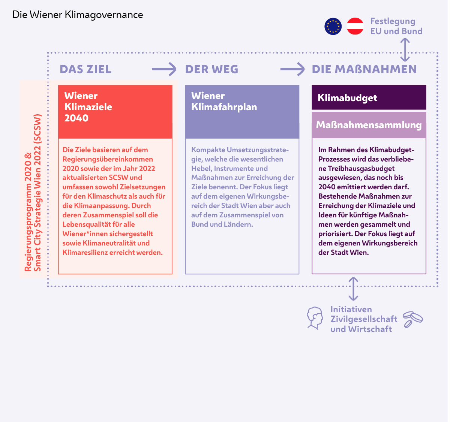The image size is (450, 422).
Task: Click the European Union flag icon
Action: pyautogui.click(x=333, y=27)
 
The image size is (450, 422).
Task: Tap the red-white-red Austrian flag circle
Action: pyautogui.click(x=355, y=27)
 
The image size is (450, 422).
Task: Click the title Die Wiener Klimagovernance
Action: pyautogui.click(x=78, y=15)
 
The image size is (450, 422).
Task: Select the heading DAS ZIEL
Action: pyautogui.click(x=85, y=69)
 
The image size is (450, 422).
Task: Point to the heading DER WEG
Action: pyautogui.click(x=211, y=69)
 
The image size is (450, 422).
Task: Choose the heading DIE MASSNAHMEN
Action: pyautogui.click(x=364, y=69)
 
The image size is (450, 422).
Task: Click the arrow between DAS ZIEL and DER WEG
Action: pyautogui.click(x=164, y=69)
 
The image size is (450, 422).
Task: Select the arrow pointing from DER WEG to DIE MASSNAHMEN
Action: pyautogui.click(x=292, y=69)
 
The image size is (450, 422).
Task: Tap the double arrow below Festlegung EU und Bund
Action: pyautogui.click(x=405, y=50)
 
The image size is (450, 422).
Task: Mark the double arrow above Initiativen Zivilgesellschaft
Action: pyautogui.click(x=353, y=289)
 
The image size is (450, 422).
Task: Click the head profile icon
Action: pyautogui.click(x=315, y=318)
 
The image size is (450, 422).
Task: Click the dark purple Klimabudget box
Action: pyautogui.click(x=369, y=98)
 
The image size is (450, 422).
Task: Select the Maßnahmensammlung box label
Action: pyautogui.click(x=369, y=125)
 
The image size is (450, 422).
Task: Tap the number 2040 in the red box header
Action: pyautogui.click(x=76, y=118)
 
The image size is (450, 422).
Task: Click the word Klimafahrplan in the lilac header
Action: pyautogui.click(x=224, y=107)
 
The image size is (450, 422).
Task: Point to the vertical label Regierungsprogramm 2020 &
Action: pyautogui.click(x=28, y=212)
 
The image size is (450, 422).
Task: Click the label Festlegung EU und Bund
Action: pyautogui.click(x=396, y=26)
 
